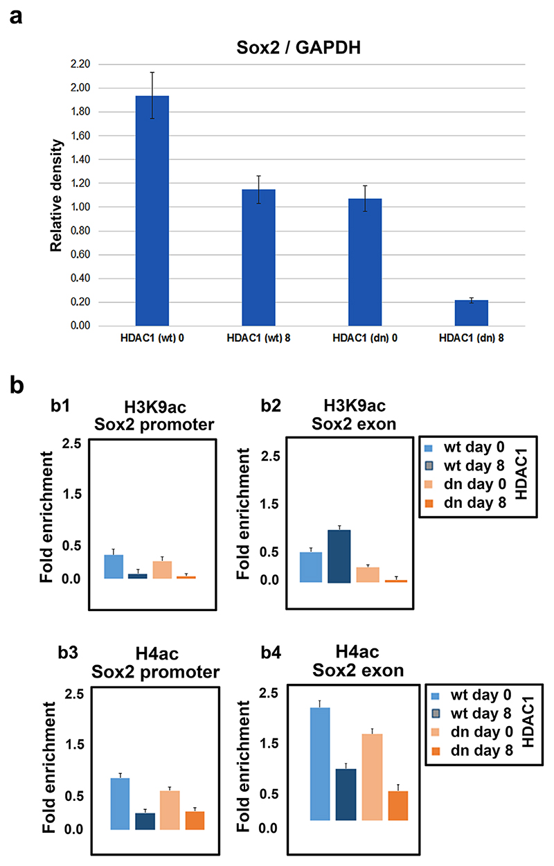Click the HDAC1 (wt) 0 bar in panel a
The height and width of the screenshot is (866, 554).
[x=152, y=211]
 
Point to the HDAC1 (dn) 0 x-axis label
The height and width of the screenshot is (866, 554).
[x=365, y=337]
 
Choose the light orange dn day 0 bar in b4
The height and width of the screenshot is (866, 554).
[x=368, y=777]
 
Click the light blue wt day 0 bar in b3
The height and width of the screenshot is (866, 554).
[x=120, y=804]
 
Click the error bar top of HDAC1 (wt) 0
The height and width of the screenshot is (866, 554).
[x=152, y=72]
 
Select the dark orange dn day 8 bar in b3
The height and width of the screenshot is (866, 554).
[x=195, y=820]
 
